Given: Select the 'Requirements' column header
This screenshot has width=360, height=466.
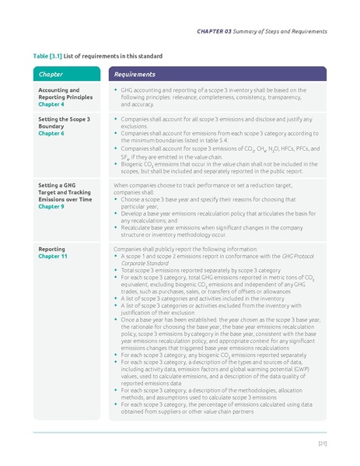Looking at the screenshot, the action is point(135,75).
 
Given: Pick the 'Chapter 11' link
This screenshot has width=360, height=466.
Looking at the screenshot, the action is point(54,255).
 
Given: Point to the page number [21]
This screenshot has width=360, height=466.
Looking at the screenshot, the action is point(322,443).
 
